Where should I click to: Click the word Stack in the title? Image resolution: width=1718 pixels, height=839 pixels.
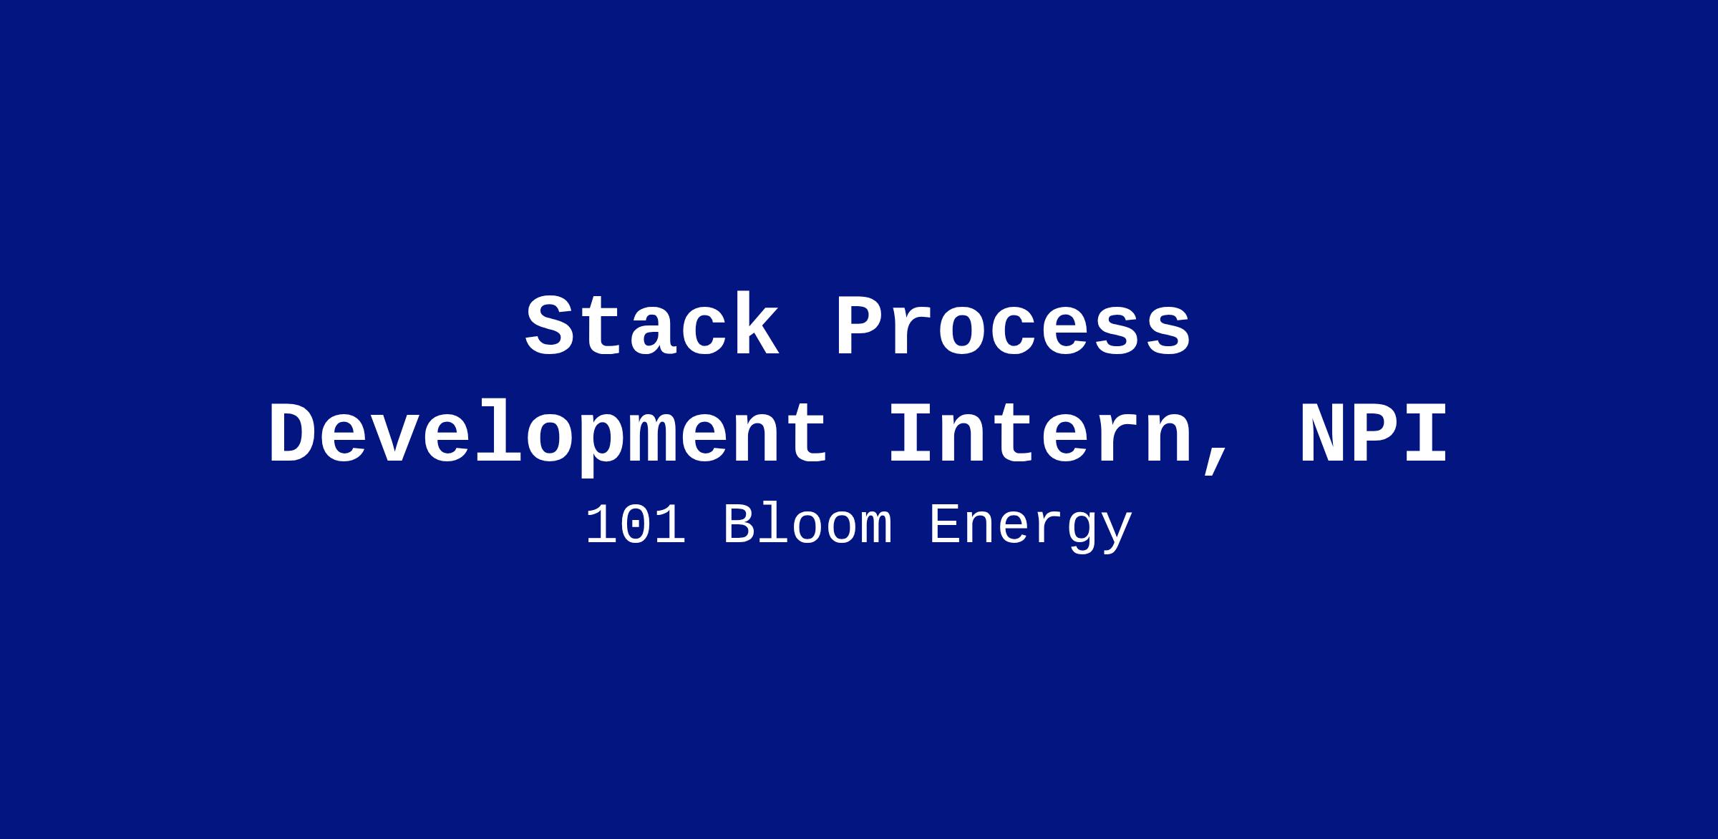pos(652,326)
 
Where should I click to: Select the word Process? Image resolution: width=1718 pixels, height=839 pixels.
pos(1013,326)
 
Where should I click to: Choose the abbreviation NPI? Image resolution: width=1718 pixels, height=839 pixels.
pos(1374,434)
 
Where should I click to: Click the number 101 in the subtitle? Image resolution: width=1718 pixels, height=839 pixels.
pos(636,526)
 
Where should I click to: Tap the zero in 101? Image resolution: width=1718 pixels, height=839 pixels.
pos(636,526)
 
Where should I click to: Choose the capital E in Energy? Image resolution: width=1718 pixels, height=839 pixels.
pos(946,526)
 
